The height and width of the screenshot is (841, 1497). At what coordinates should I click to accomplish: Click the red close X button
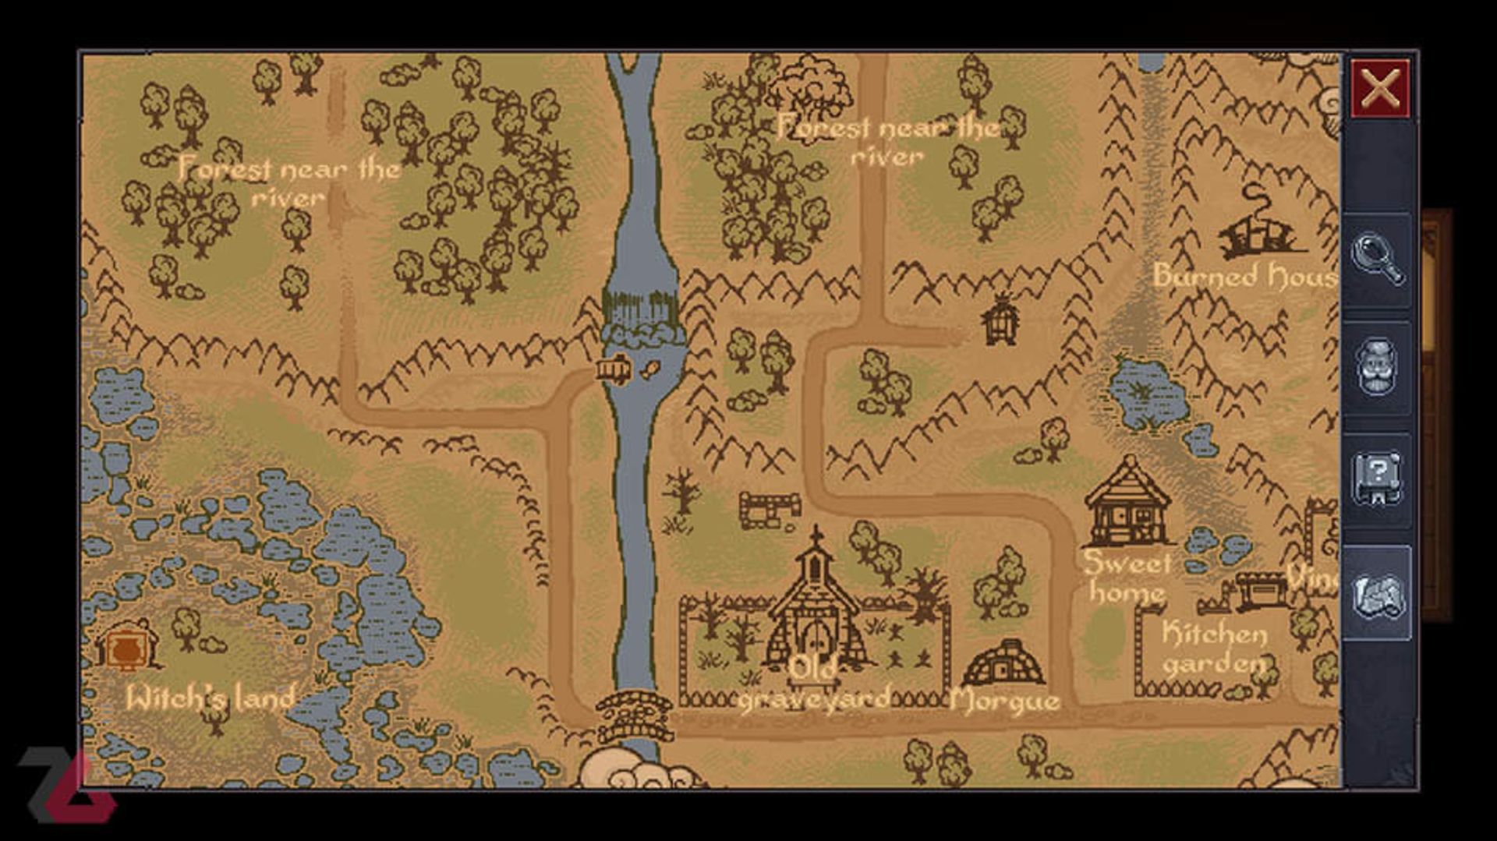[1379, 88]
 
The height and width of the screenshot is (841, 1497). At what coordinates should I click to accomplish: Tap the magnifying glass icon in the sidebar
[1377, 259]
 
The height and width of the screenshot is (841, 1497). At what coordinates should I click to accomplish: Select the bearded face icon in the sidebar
[1377, 366]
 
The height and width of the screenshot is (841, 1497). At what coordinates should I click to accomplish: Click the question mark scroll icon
[1377, 478]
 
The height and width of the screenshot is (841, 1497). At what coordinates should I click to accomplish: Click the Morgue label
[1004, 701]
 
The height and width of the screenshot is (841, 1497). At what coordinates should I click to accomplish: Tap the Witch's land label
[211, 698]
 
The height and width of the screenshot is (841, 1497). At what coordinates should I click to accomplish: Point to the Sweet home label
[1127, 577]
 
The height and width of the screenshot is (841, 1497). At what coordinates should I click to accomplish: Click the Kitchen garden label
[1214, 648]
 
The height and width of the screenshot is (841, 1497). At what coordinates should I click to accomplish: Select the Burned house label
[1244, 275]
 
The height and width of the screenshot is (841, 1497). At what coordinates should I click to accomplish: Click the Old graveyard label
[815, 684]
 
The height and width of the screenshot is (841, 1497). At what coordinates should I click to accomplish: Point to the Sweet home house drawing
[1128, 503]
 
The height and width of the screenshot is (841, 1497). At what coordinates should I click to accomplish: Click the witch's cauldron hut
[128, 645]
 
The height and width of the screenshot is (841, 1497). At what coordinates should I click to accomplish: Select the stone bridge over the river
[635, 716]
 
